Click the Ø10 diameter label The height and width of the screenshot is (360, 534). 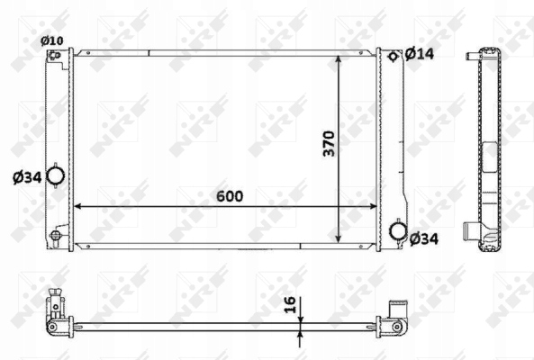click(52, 40)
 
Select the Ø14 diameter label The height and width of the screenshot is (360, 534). click(420, 54)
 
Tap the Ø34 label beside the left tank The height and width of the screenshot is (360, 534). click(27, 176)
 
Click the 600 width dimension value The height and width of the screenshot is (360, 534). click(229, 195)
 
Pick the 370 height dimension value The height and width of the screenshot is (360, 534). click(329, 144)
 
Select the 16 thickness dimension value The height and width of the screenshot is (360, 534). click(287, 305)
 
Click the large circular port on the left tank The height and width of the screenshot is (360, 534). click(55, 175)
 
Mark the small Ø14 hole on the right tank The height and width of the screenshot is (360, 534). click(394, 57)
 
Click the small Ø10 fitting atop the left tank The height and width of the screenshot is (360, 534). click(55, 56)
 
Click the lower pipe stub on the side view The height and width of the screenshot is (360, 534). click(468, 229)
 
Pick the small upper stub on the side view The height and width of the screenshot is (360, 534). click(469, 57)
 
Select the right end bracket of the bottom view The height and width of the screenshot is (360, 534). click(396, 310)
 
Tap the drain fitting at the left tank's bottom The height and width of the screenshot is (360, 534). click(57, 237)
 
